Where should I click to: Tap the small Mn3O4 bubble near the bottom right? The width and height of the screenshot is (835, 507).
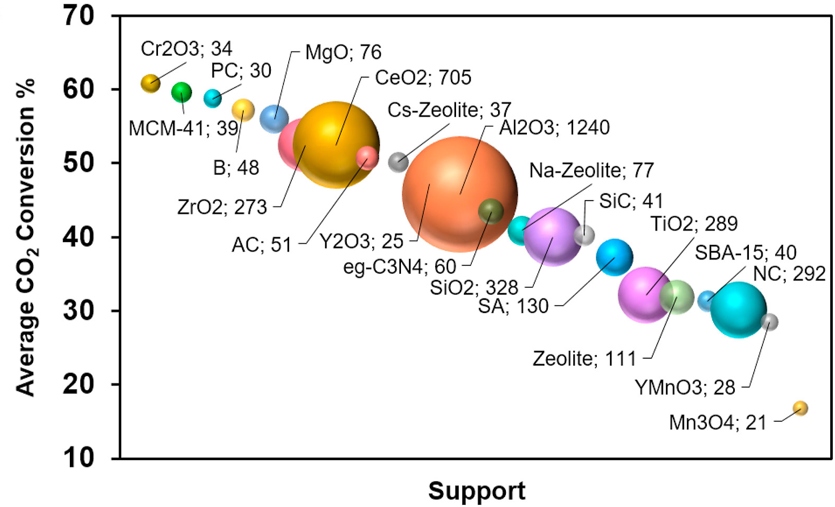click(800, 408)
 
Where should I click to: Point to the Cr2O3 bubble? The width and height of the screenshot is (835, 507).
click(151, 83)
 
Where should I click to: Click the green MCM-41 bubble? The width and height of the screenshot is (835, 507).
click(182, 93)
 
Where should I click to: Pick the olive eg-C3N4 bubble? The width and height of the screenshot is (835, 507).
click(491, 211)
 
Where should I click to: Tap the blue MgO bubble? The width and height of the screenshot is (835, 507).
click(274, 118)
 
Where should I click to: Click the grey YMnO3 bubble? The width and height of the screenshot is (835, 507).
click(769, 322)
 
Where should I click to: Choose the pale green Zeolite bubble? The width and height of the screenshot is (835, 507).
click(677, 297)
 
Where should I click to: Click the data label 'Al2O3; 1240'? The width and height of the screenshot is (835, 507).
click(554, 128)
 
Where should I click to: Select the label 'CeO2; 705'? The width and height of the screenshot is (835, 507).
click(423, 78)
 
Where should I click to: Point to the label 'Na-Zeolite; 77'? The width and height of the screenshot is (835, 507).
click(591, 170)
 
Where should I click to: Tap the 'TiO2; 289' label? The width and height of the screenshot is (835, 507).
click(694, 224)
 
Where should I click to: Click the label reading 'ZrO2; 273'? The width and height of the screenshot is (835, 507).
click(222, 207)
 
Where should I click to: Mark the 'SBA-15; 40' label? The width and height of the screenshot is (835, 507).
click(745, 253)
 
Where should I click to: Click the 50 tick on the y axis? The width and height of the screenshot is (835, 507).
click(79, 163)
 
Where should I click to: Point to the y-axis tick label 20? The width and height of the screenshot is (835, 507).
click(79, 385)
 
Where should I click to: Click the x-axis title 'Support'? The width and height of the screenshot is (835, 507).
click(477, 491)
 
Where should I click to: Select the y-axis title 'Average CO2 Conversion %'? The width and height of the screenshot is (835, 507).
click(25, 236)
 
